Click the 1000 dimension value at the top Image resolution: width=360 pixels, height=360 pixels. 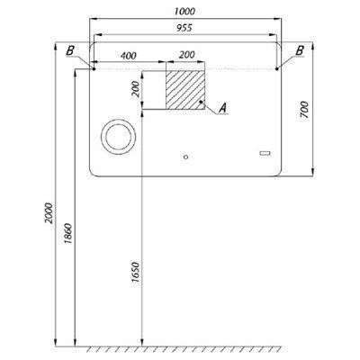coord(184,12)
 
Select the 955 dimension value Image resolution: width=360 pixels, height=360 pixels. coord(184,28)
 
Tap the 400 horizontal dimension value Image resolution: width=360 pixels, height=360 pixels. coord(128,56)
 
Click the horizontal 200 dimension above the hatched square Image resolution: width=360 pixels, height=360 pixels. coord(187,55)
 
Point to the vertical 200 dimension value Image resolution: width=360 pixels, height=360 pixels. coord(136,89)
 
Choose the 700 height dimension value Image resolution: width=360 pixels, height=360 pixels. coord(304,110)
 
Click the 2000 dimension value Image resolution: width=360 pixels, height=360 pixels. coord(49,213)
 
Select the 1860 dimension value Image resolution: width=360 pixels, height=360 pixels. coord(68,233)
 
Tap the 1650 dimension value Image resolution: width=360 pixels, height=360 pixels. coord(136,272)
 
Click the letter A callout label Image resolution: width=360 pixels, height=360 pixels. coord(222,108)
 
